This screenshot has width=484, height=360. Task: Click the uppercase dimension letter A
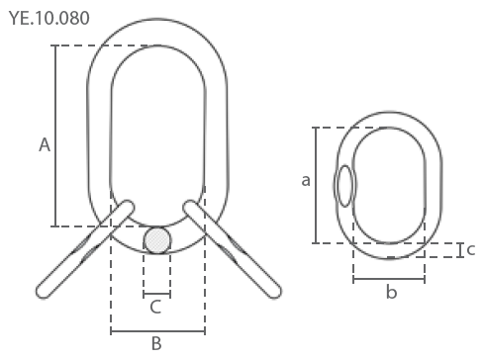point(44,145)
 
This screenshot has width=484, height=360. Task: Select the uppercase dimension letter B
point(155,343)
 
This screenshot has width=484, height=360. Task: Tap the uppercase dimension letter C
point(155,307)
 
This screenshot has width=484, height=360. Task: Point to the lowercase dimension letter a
point(306,180)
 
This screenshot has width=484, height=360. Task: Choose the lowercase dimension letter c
point(471,249)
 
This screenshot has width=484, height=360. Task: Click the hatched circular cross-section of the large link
point(157,240)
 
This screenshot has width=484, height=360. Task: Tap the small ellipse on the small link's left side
point(344,186)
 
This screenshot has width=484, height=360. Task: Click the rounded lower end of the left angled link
point(44,290)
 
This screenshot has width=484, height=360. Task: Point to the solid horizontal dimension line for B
point(157,331)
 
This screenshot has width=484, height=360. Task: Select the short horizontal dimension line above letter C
point(156,295)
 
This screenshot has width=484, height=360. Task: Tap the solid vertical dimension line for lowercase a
point(315,185)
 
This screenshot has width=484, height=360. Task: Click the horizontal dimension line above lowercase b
point(389,280)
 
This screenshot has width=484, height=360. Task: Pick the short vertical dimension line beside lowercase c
point(459,249)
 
